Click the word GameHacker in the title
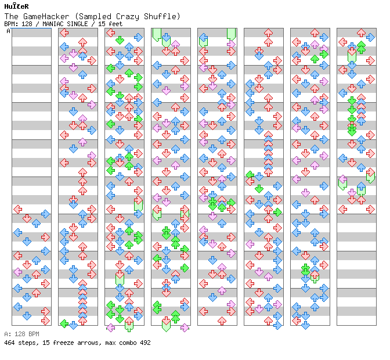click(44, 16)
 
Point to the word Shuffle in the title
click(162, 16)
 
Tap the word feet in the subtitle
click(114, 24)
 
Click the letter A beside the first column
click(8, 31)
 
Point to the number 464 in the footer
click(10, 343)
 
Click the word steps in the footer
click(27, 343)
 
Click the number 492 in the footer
click(145, 343)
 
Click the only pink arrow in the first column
click(17, 272)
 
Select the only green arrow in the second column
click(64, 323)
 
